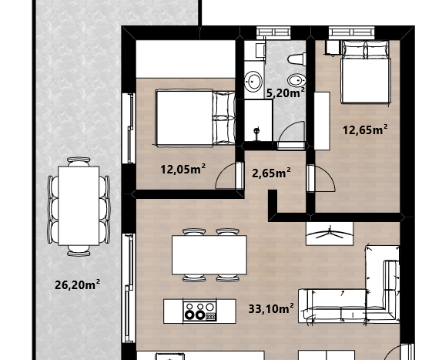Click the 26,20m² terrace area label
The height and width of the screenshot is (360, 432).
[x=78, y=284]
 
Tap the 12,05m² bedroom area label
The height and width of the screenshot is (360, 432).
[x=183, y=169]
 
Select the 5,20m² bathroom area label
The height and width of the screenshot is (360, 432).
[x=286, y=93]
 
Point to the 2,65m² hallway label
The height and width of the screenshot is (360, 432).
[x=271, y=173]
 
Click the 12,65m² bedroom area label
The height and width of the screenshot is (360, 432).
[x=365, y=130]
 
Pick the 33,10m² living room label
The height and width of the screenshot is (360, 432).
[x=271, y=308]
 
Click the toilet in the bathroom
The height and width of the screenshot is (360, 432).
[x=296, y=59]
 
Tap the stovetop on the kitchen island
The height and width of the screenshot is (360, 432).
[x=199, y=311]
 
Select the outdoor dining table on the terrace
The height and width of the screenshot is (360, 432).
[x=79, y=206]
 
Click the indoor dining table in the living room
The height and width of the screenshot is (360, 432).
[x=209, y=255]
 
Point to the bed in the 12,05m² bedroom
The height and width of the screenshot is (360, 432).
[x=196, y=117]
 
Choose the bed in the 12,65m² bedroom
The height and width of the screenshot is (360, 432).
[x=366, y=72]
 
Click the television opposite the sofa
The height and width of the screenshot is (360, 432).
[x=330, y=234]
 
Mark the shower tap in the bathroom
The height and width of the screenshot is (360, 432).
[x=256, y=131]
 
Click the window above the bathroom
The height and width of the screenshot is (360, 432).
[x=273, y=32]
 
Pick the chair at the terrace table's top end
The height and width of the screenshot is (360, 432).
[x=79, y=161]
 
